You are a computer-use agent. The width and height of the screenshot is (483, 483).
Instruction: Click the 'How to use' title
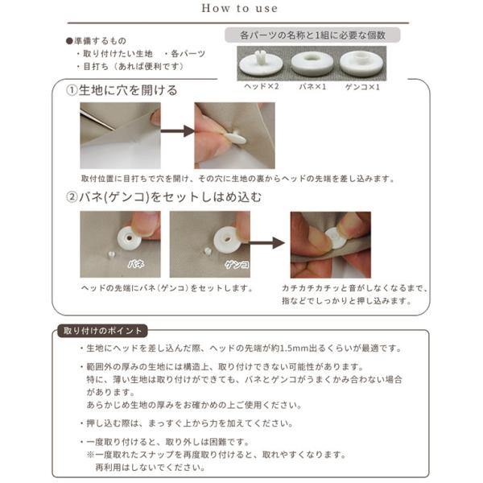tap(239, 8)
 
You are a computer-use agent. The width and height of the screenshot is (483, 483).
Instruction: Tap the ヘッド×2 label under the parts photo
tap(261, 87)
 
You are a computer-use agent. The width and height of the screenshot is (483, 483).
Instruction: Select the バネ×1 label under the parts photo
tap(312, 87)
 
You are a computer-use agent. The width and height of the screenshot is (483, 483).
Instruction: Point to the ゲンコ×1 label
tap(362, 87)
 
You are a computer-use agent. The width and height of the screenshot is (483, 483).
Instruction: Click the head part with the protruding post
tap(261, 64)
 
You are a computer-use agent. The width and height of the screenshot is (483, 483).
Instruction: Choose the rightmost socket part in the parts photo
tap(361, 64)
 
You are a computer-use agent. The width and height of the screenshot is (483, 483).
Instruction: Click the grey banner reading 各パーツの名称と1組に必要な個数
tap(312, 35)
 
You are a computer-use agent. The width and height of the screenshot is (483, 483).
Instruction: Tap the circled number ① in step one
tap(72, 90)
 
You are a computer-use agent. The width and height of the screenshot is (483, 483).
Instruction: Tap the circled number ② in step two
tap(72, 197)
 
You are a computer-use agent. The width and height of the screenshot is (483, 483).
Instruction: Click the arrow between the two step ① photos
tap(177, 131)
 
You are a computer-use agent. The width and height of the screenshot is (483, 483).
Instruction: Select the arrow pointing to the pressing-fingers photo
tap(266, 243)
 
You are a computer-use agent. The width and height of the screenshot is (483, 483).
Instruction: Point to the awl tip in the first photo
tap(114, 129)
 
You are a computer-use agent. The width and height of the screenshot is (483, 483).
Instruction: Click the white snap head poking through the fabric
tap(235, 138)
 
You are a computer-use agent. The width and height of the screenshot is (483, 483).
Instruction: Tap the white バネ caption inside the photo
tap(136, 264)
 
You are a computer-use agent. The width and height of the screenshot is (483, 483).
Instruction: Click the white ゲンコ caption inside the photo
tap(237, 265)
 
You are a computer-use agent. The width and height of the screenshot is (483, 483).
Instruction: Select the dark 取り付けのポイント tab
tap(102, 331)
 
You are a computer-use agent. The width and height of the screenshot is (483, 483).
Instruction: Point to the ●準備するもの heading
tap(96, 41)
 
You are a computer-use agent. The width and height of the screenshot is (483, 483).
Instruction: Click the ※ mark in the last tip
tap(90, 455)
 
